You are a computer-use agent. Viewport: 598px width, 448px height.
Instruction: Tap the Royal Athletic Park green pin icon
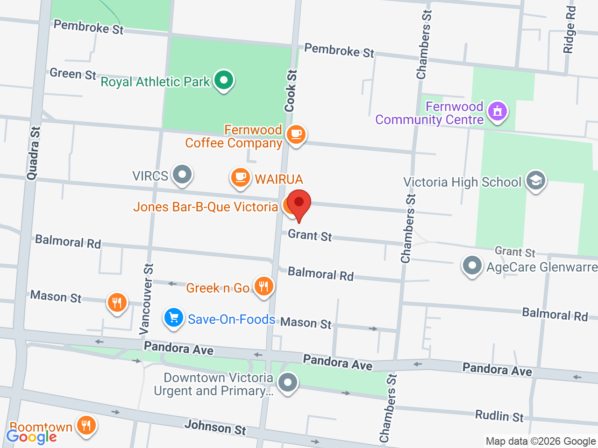(x=224, y=80)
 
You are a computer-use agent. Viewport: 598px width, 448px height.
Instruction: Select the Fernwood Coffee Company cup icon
(x=296, y=134)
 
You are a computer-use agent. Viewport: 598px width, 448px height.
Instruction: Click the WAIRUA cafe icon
(x=240, y=177)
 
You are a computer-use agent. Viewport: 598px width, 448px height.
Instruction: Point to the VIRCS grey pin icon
(x=182, y=175)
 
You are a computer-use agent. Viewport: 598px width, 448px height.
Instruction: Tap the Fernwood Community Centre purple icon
(x=497, y=112)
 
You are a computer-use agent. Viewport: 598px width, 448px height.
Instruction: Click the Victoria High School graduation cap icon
(x=535, y=180)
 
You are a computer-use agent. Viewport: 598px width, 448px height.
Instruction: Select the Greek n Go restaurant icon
(x=264, y=286)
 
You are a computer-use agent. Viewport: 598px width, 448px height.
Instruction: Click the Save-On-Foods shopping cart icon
(x=174, y=318)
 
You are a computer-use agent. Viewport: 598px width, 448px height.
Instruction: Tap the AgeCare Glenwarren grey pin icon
(x=472, y=266)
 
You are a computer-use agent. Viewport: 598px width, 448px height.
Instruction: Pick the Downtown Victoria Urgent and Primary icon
(x=287, y=383)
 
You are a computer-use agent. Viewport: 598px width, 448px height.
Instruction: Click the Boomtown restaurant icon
(x=86, y=426)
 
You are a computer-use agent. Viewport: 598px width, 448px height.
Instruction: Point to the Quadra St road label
(x=33, y=153)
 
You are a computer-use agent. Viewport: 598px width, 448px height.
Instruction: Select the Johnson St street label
(x=215, y=427)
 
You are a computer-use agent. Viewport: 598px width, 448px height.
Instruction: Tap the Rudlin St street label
(x=499, y=416)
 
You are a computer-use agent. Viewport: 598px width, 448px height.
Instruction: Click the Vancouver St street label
(x=147, y=299)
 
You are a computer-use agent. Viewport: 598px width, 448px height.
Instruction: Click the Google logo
(x=31, y=437)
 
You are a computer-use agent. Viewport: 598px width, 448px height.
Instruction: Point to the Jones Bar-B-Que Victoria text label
(x=206, y=207)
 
